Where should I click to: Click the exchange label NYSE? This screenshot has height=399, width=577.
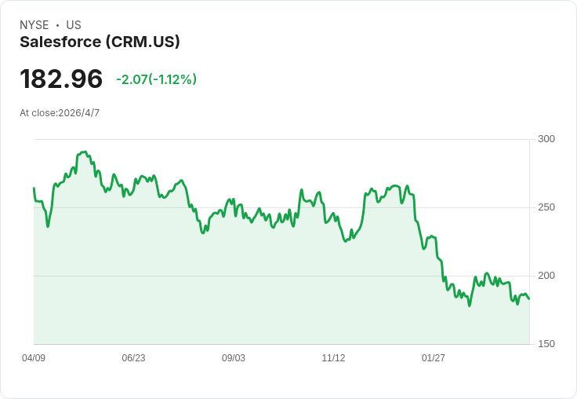click(x=34, y=25)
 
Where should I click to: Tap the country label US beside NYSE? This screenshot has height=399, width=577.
click(x=74, y=25)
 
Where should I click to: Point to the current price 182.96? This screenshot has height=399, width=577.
click(x=61, y=79)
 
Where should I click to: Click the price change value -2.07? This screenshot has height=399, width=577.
click(x=132, y=79)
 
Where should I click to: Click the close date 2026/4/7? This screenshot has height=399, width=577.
click(x=79, y=113)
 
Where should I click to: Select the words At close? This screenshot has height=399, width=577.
click(x=38, y=113)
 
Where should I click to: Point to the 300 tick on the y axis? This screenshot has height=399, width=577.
click(x=546, y=139)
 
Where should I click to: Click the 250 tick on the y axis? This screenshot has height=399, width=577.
click(x=546, y=207)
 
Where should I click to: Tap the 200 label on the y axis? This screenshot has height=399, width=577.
click(x=546, y=276)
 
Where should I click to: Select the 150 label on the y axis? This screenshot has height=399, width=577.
click(x=546, y=344)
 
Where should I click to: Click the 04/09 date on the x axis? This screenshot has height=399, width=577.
click(x=34, y=358)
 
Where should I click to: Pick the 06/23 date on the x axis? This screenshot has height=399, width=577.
click(x=133, y=358)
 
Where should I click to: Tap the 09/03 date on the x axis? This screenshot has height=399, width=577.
click(x=234, y=358)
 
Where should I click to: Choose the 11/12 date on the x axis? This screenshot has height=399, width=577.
click(x=333, y=358)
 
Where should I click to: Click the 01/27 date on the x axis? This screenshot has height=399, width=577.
click(x=434, y=358)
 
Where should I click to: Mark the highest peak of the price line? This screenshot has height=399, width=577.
click(x=84, y=152)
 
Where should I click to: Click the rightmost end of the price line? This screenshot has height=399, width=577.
click(x=529, y=299)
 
